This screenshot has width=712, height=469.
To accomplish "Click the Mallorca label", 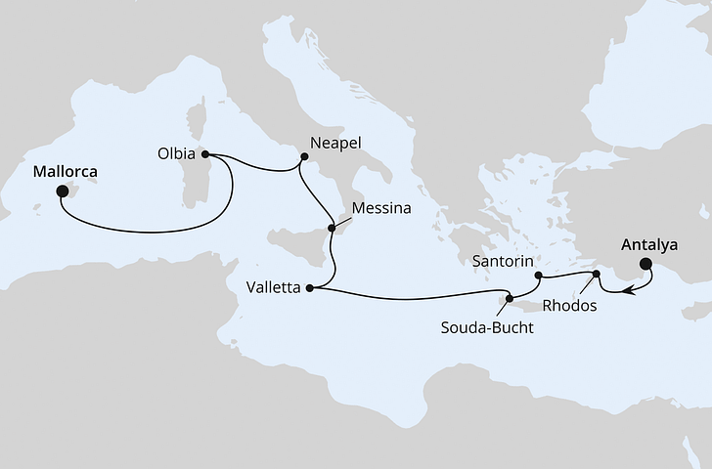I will click(66, 169).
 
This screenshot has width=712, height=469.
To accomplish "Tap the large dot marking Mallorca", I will click(62, 192).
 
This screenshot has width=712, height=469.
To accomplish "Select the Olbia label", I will click(175, 153).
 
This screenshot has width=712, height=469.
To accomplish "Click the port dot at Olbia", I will click(205, 153).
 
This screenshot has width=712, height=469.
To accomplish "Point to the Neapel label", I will click(335, 143).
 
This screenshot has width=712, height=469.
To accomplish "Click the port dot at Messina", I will click(333, 228).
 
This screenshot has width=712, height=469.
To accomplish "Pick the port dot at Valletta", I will click(310, 287).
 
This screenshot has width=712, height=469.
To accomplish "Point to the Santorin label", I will click(502, 262).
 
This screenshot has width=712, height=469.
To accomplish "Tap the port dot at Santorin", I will click(539, 276).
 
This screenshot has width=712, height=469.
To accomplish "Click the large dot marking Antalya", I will click(645, 264).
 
